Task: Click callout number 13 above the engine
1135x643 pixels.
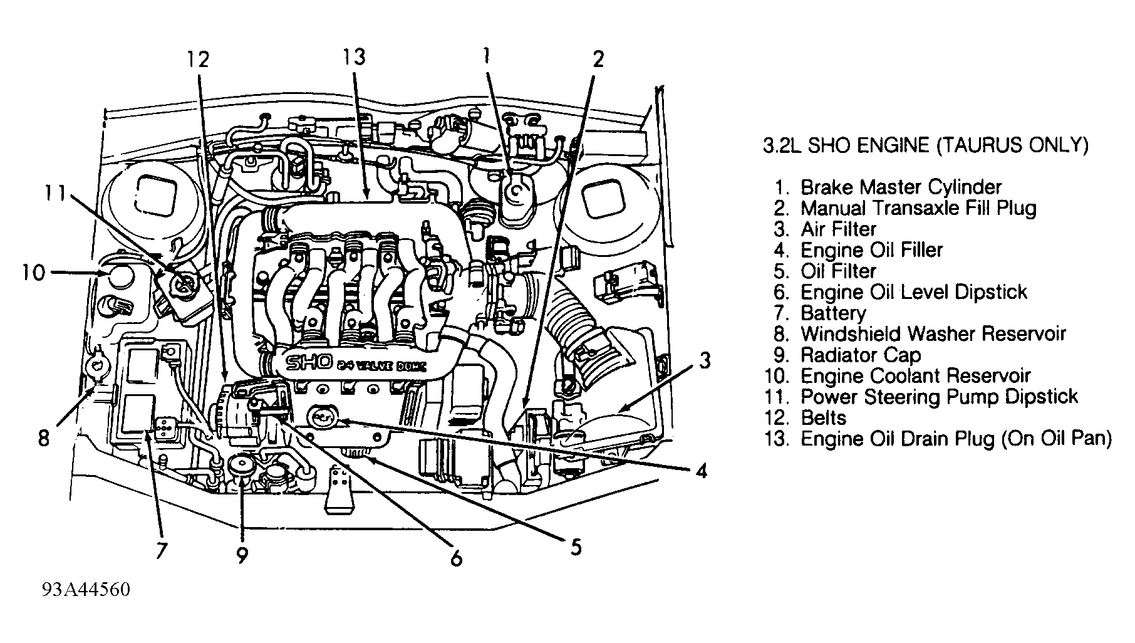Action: point(353,58)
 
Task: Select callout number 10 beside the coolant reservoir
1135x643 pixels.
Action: point(34,273)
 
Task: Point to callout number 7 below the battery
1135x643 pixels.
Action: point(161,551)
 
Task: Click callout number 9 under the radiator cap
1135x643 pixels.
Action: point(242,555)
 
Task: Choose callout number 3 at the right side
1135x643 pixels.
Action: point(705,362)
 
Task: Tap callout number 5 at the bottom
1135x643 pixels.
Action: point(576,548)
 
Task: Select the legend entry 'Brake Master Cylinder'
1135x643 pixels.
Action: point(901,187)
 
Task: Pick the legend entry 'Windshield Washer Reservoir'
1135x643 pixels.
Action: point(933,333)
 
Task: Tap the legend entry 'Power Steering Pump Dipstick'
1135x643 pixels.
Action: point(939,396)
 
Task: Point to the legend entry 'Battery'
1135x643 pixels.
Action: point(832,313)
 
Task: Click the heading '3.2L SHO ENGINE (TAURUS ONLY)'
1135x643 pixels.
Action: point(925,145)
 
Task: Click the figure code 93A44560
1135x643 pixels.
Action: point(86,590)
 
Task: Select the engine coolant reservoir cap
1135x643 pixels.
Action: point(119,274)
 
